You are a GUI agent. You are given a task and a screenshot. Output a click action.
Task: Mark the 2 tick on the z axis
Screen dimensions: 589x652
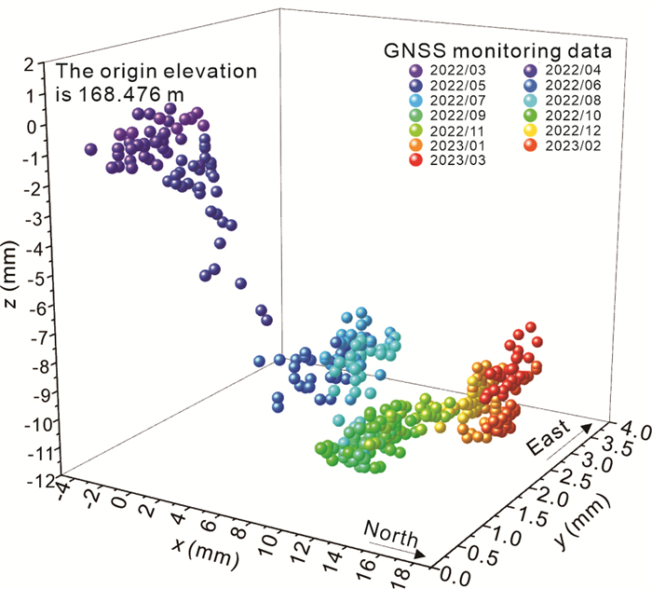(x=42, y=63)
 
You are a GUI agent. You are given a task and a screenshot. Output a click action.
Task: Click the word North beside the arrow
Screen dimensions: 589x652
(x=390, y=534)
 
